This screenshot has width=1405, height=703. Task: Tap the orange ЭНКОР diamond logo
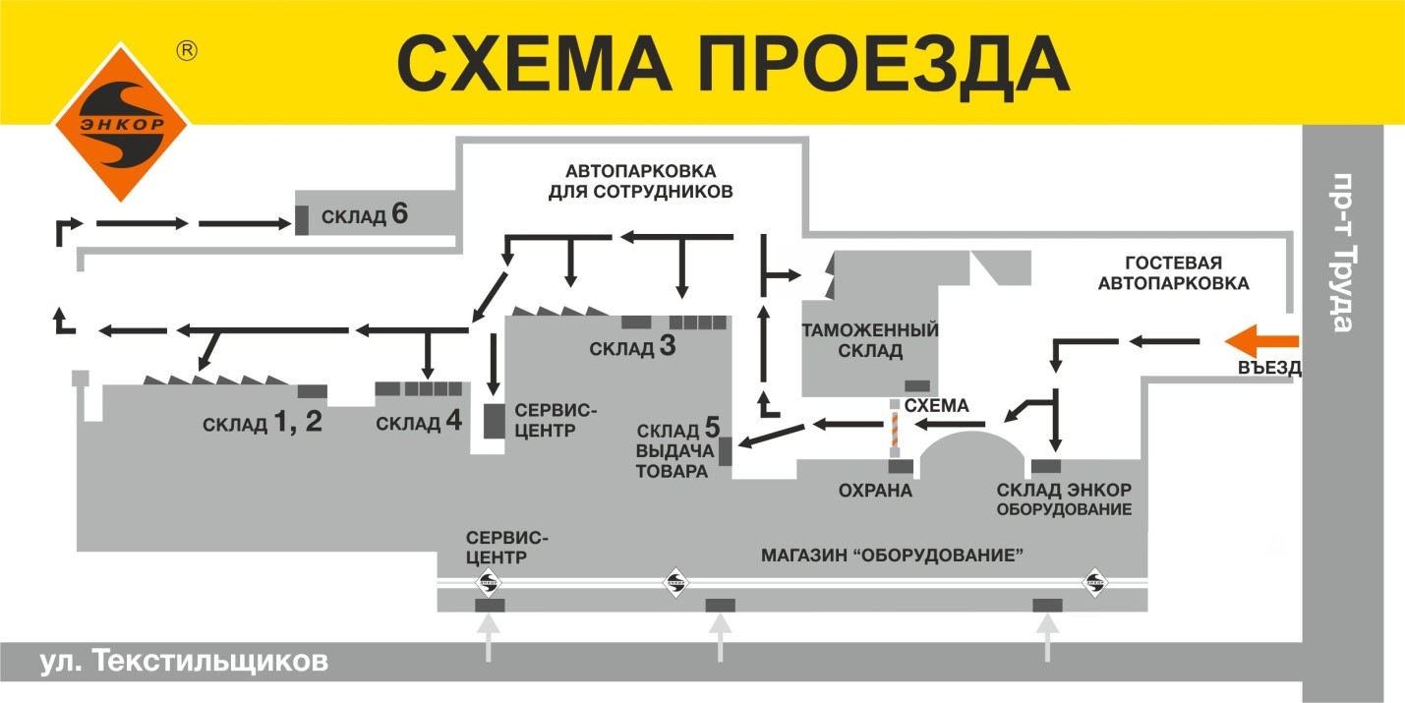121,121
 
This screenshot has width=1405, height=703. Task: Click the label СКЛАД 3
632,347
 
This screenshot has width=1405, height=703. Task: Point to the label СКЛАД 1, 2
263,424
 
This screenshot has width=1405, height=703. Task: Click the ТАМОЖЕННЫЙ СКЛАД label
869,340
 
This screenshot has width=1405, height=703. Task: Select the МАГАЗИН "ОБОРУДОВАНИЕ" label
893,555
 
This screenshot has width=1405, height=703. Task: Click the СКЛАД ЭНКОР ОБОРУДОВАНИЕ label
1064,499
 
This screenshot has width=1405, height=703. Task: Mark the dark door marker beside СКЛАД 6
302,219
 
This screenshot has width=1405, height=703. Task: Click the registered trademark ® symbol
185,51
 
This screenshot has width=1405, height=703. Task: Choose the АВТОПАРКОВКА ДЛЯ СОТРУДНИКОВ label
640,181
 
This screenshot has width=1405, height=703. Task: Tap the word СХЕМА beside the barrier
936,405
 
